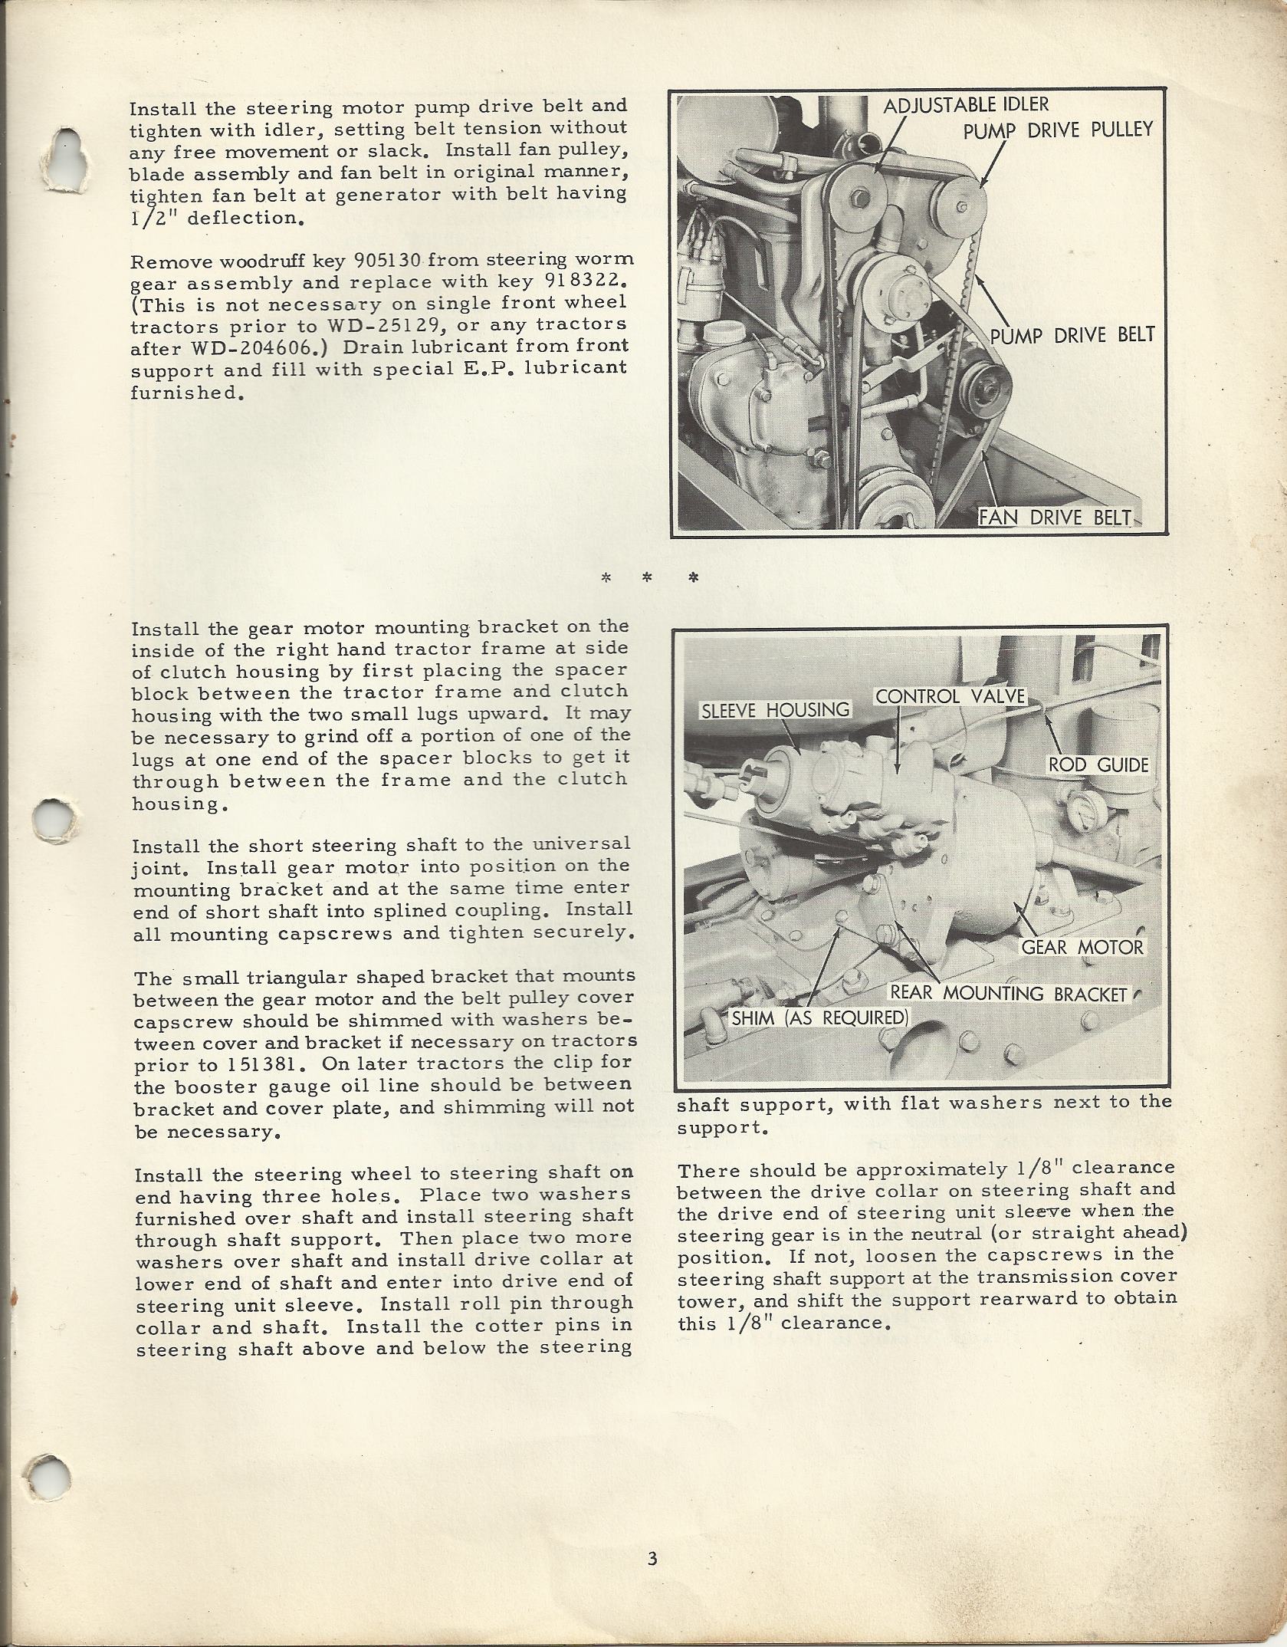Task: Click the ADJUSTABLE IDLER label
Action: tap(966, 105)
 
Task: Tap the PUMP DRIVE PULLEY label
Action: tap(1058, 130)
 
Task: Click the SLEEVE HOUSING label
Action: tap(776, 710)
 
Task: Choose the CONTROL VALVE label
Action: tap(950, 696)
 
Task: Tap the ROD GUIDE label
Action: tap(1098, 764)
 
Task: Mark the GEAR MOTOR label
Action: tap(1082, 947)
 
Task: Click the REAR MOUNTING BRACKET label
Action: tap(1008, 994)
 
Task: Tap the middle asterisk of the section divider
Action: tap(646, 578)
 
